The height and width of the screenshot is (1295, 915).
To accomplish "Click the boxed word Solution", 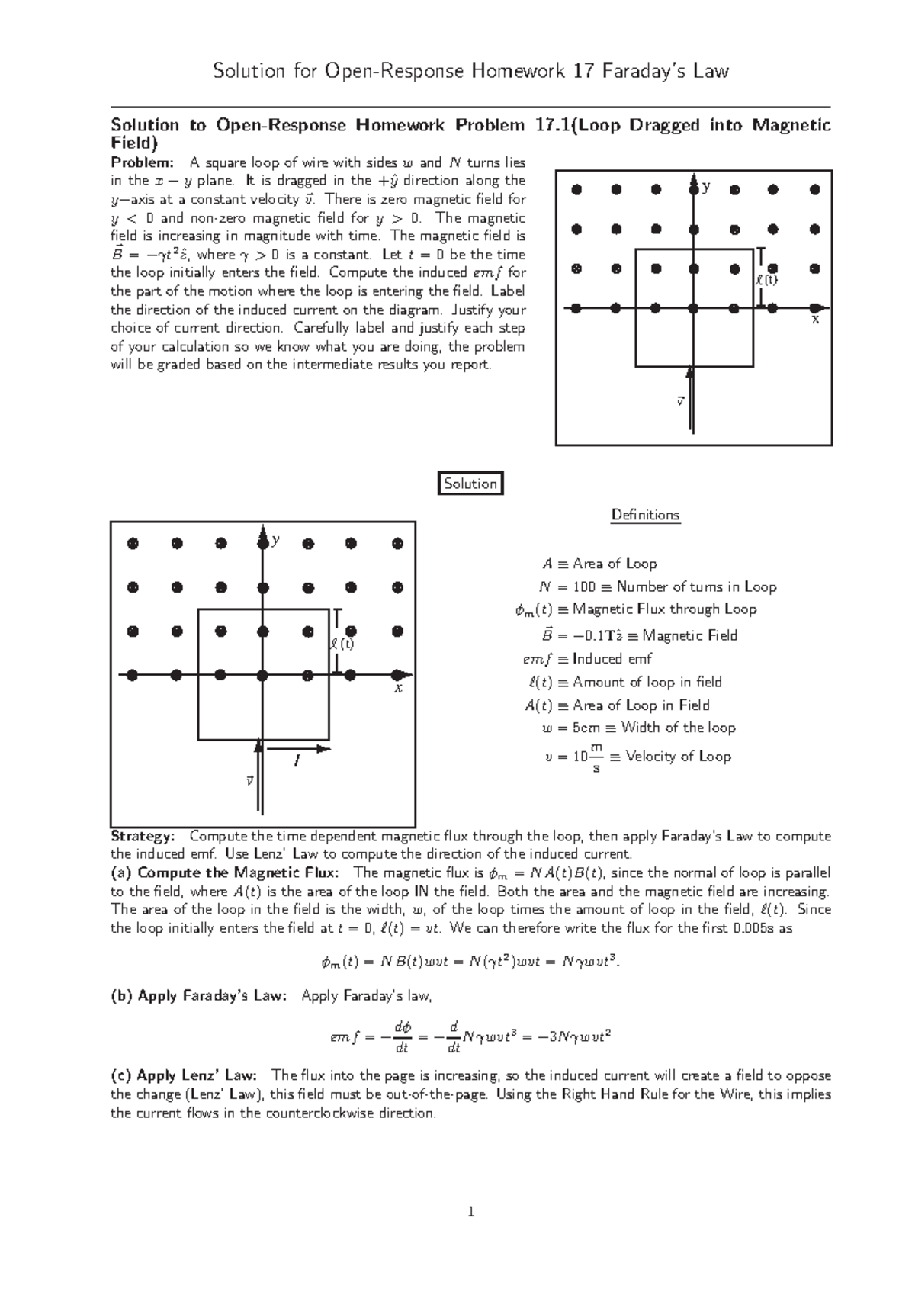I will click(470, 484).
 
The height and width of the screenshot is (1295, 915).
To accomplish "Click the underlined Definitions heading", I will click(645, 515).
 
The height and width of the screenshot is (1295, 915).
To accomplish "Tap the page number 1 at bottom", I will click(471, 1211).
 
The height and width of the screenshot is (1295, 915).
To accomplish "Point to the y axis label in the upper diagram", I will click(706, 187).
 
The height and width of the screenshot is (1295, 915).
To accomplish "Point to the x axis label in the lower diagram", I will click(397, 688).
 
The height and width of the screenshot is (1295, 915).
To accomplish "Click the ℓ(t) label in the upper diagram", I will click(766, 280).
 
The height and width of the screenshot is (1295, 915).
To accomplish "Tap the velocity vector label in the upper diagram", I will click(680, 400).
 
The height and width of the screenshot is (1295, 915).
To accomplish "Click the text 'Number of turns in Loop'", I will click(696, 586).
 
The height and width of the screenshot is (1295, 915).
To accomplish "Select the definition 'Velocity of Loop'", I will click(678, 757).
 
